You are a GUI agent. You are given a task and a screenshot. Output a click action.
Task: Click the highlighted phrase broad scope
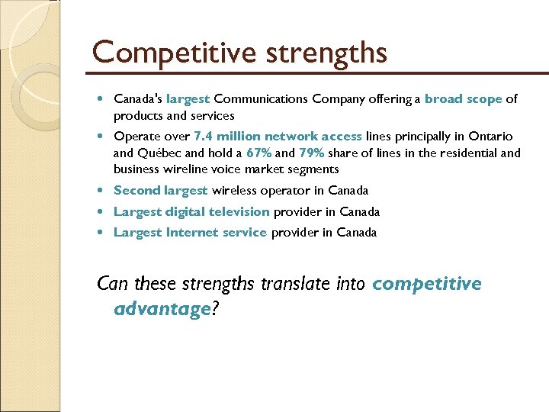point(463,98)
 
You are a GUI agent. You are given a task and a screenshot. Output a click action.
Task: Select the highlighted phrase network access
point(313,136)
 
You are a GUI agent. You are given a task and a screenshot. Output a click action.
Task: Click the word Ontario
point(491,136)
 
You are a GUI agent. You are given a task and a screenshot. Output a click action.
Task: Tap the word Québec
point(157,153)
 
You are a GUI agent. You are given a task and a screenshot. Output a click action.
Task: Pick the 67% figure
point(259,153)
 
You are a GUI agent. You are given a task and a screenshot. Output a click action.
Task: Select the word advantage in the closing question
point(162,308)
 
